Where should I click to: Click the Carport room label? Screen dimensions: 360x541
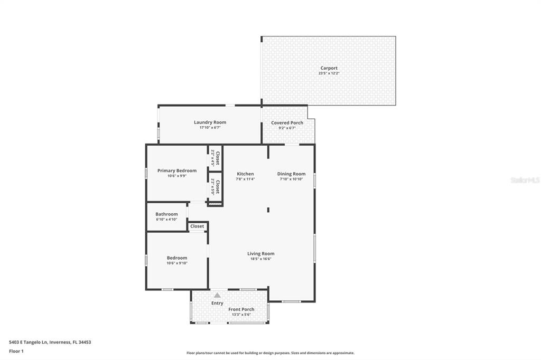click(x=329, y=68)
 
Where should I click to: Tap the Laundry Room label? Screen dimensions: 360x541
click(x=210, y=122)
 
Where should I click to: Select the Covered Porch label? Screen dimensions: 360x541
click(x=287, y=123)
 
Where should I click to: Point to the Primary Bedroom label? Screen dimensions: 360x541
click(x=177, y=170)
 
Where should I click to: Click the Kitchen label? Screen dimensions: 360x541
click(x=245, y=174)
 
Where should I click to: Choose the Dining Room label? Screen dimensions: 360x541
click(x=291, y=174)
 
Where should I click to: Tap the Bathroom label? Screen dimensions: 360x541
click(x=166, y=214)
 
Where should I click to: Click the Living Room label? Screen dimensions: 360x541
click(x=261, y=253)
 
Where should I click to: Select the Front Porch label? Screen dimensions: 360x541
click(x=241, y=309)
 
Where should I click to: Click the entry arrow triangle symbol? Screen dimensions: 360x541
click(x=217, y=295)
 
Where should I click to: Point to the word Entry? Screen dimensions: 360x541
click(x=217, y=303)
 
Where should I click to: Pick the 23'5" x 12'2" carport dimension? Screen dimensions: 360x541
click(x=329, y=73)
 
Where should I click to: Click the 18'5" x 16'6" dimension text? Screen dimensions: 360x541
click(x=261, y=259)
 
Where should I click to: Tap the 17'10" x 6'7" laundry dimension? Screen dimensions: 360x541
click(x=210, y=128)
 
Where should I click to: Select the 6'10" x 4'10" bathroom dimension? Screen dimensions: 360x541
click(x=166, y=220)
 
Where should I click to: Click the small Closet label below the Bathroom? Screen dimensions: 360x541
click(x=197, y=226)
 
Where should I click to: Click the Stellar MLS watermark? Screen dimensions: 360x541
click(x=525, y=180)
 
